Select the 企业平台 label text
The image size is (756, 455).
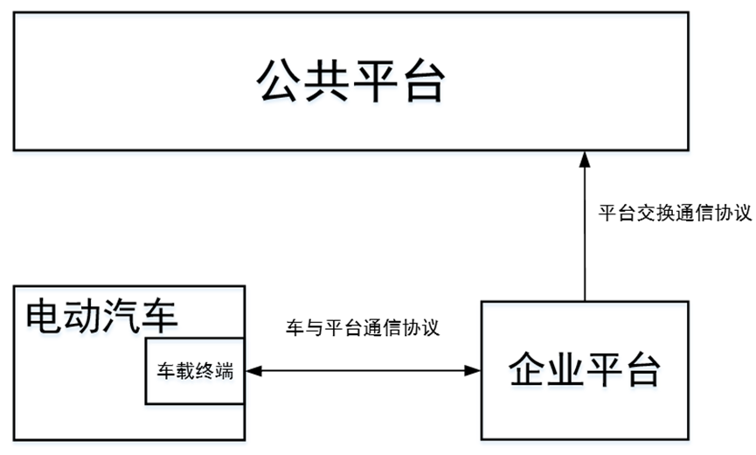click(586, 371)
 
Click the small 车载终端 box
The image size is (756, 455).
click(195, 370)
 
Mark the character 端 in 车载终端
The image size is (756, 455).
click(224, 370)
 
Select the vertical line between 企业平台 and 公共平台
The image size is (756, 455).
click(586, 236)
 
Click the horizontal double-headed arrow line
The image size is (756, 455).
click(363, 371)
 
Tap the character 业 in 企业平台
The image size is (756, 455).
click(566, 371)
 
